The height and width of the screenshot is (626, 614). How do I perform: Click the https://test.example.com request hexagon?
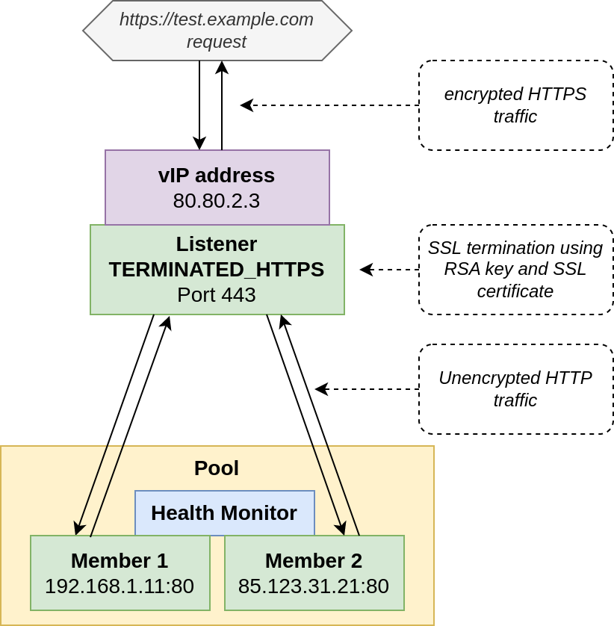point(217,31)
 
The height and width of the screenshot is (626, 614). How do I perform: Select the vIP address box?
point(217,187)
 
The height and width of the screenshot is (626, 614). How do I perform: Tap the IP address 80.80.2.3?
point(217,201)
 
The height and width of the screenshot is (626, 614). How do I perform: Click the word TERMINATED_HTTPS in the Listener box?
point(217,270)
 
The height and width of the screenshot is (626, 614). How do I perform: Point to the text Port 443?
point(217,295)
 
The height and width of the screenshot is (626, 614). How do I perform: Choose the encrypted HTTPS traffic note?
point(515,105)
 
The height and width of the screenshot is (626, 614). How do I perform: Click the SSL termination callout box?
point(515,270)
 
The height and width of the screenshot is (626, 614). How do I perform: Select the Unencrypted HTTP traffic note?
point(515,389)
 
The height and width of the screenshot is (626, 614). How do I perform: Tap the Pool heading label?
point(217,468)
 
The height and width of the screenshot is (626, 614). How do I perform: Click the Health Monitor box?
point(224,513)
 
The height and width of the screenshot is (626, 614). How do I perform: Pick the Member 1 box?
point(120,573)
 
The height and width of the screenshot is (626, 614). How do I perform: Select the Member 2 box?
point(314,573)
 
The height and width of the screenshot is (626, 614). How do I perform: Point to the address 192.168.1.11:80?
point(120,586)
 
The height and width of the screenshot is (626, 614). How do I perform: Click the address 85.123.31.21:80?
point(314,586)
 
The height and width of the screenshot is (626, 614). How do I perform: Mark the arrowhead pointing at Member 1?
point(78,528)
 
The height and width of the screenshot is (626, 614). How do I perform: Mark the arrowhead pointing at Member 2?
point(341,528)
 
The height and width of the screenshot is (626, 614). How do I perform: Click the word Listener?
point(217,244)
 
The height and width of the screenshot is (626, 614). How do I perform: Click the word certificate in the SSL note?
point(515,291)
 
